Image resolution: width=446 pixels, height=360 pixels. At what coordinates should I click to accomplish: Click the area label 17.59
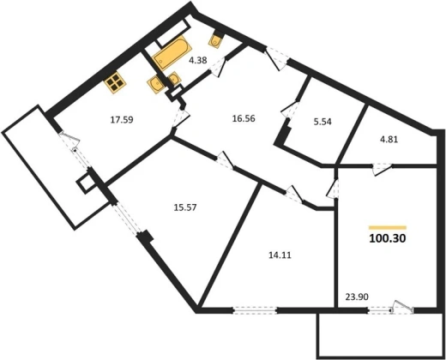tap(122, 120)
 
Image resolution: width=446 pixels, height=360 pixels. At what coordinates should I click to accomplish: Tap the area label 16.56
tap(244, 118)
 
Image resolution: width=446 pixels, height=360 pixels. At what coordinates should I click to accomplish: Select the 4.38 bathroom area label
tap(198, 60)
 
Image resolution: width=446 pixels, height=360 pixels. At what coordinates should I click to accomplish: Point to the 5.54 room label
tap(322, 122)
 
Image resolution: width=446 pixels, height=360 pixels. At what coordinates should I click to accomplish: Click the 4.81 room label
tap(389, 140)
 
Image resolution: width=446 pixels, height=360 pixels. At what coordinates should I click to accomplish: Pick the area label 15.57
tap(185, 207)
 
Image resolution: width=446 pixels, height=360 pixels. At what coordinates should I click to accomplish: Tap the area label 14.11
tap(280, 255)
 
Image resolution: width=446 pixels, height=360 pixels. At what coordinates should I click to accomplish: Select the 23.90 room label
tap(357, 297)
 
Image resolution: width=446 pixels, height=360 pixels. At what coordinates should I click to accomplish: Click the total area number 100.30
tap(388, 238)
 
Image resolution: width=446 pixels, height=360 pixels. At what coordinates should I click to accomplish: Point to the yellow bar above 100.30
tap(388, 228)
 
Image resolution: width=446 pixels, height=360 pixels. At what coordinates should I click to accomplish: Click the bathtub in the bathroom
tap(170, 54)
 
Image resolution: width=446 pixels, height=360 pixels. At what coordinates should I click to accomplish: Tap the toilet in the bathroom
tap(216, 40)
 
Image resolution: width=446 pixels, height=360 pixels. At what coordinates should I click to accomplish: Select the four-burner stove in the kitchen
tap(115, 82)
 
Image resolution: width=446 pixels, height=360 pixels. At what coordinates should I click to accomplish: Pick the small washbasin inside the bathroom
tap(174, 78)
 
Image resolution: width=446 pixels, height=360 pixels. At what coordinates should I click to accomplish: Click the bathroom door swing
tap(218, 67)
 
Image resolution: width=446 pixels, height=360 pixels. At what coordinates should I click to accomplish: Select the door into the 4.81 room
tap(382, 169)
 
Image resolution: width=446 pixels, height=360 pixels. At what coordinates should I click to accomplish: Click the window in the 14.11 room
tap(255, 310)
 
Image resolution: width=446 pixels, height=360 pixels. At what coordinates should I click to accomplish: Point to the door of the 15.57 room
tap(225, 160)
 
